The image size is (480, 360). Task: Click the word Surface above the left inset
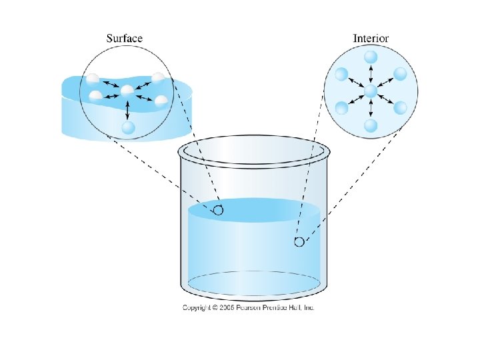tap(125, 38)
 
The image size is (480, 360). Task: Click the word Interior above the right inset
tap(371, 38)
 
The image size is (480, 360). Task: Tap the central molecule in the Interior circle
tap(371, 90)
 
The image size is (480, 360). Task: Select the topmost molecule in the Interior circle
tap(371, 57)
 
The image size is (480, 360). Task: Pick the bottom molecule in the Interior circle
tap(371, 124)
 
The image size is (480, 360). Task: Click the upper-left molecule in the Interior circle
tap(341, 73)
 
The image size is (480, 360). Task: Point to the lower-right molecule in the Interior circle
tap(400, 107)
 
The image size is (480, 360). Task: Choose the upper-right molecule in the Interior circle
tap(400, 73)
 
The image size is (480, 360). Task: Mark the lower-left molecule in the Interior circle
tap(341, 107)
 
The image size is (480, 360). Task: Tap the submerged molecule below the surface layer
tap(128, 127)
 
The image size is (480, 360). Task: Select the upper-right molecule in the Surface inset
tap(157, 78)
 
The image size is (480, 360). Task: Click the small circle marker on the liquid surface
tap(217, 211)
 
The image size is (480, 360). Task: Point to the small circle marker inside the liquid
tap(299, 242)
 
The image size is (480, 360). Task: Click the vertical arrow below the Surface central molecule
tap(127, 109)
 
